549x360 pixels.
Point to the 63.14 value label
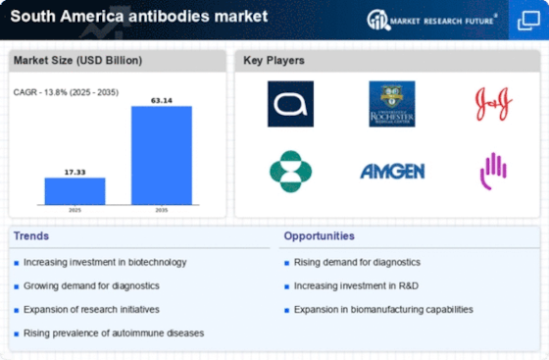point(162,98)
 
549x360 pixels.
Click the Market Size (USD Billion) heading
point(77,61)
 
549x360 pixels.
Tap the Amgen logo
point(392,172)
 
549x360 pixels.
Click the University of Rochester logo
point(392,104)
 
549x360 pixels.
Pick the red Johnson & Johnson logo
point(494,104)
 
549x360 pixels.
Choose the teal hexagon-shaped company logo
point(290,172)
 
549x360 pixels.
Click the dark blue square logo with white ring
point(290,104)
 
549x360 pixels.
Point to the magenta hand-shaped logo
point(493,172)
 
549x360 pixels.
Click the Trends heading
point(31,236)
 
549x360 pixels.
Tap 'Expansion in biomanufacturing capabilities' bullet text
point(383,309)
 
